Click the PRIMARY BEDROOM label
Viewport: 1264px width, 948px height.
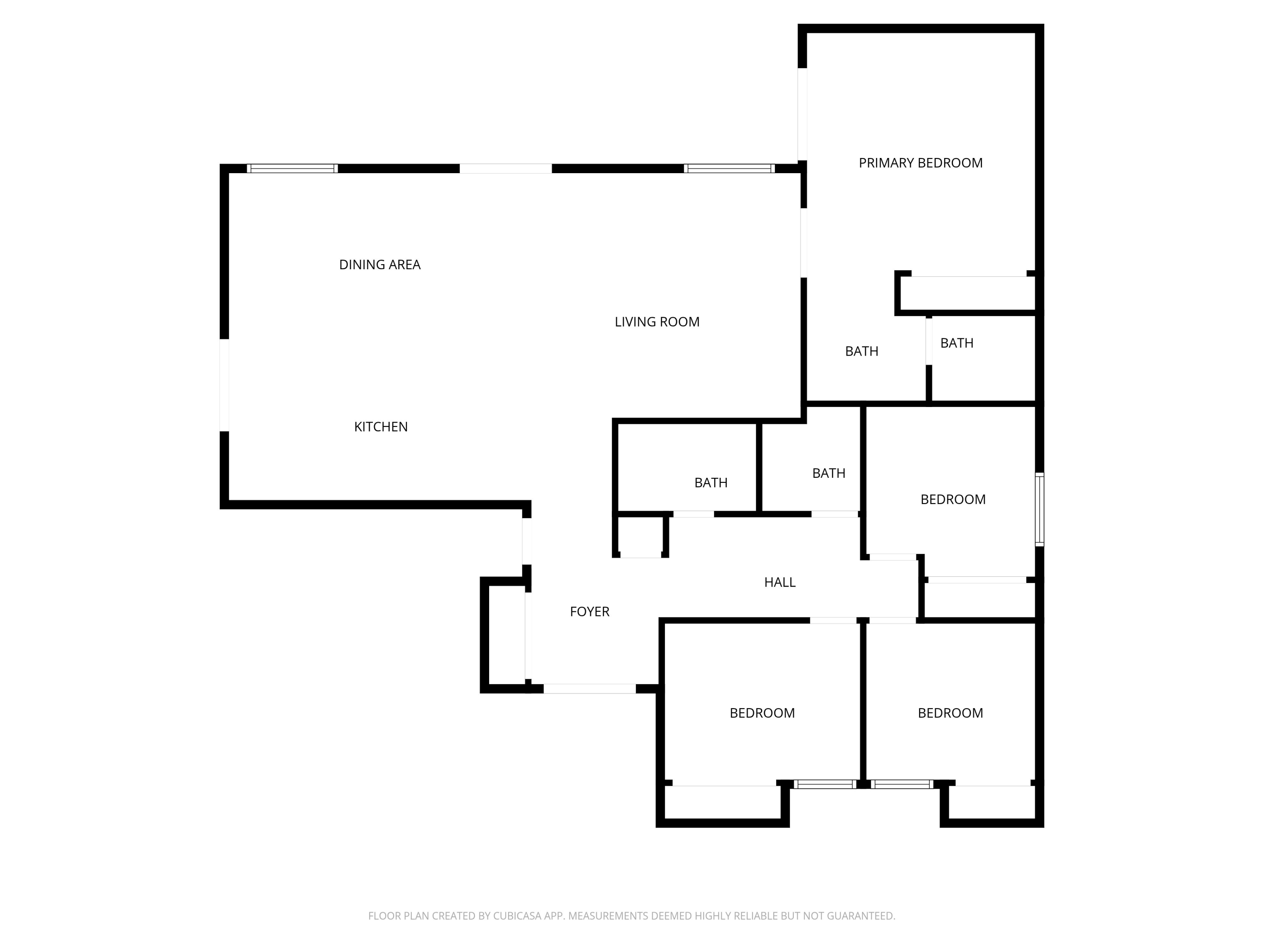point(920,163)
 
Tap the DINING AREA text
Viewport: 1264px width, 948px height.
point(380,265)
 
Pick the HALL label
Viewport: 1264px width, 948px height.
point(779,582)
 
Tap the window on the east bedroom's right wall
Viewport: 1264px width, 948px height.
point(1039,509)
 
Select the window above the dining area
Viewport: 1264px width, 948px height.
point(292,169)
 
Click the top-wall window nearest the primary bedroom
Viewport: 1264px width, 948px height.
point(729,169)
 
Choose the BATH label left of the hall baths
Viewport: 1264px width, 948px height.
point(710,483)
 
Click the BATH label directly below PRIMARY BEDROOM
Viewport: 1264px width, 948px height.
point(861,351)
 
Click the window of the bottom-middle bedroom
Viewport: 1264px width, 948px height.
point(825,785)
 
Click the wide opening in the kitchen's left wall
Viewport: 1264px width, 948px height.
point(225,385)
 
